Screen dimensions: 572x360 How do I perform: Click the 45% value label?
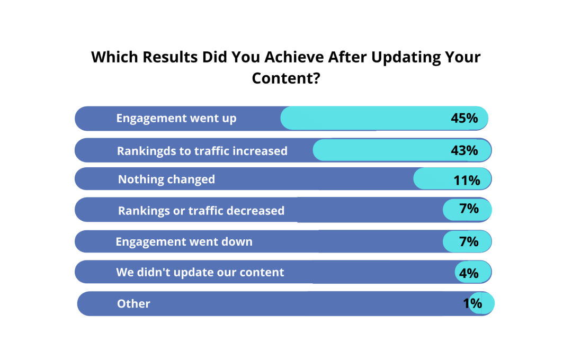coord(464,118)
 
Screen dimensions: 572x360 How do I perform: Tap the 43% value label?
coord(464,150)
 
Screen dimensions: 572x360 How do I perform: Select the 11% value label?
coord(467,180)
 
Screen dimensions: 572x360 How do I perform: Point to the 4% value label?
coord(469,273)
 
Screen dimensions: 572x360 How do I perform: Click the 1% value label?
coord(472,303)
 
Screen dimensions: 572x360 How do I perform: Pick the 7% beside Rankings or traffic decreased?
coord(469,209)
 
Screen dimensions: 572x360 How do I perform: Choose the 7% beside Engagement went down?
coord(469,241)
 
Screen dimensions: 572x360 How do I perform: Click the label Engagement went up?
coord(176,119)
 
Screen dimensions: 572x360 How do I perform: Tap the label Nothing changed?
coord(166,179)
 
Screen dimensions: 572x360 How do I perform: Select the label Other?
coord(133,303)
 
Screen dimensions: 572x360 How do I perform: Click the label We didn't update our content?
coord(200,273)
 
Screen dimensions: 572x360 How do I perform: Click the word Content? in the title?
coord(286,78)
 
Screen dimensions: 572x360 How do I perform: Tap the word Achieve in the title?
coord(294,57)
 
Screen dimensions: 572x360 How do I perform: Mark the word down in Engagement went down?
coord(237,241)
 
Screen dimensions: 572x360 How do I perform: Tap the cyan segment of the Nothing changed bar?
coord(452,179)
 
